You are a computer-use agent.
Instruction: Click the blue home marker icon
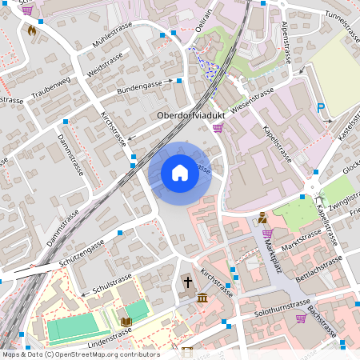tap(180, 173)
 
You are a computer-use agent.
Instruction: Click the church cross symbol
tap(189, 282)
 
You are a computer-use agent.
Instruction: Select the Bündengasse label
tap(139, 85)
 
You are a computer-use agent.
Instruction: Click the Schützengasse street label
tap(82, 254)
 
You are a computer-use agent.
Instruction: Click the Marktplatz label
tap(274, 254)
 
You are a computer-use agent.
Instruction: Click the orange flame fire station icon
tap(32, 31)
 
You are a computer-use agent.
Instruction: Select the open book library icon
tap(126, 322)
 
